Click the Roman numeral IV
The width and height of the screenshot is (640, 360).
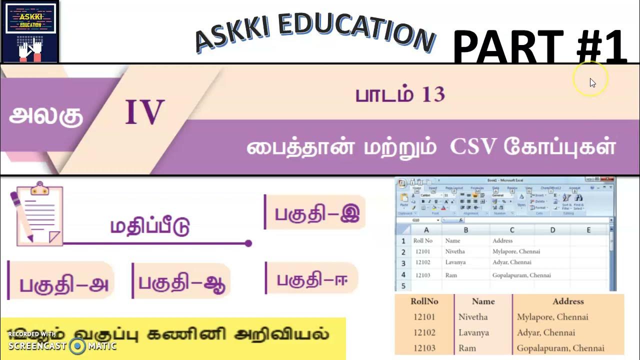(x=144, y=112)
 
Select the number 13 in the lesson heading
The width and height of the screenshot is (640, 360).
(x=433, y=94)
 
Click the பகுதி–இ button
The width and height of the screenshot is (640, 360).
(x=316, y=212)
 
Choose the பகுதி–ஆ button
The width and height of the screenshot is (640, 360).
(x=181, y=283)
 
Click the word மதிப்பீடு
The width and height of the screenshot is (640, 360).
(x=150, y=226)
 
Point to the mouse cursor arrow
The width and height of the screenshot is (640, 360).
(x=592, y=82)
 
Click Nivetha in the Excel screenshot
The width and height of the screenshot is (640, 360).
(x=454, y=251)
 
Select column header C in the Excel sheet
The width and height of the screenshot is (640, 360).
(x=512, y=230)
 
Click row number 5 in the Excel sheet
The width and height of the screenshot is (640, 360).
(x=403, y=286)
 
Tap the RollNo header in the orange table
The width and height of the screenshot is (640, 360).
(x=424, y=301)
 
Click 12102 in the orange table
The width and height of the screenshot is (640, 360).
(x=424, y=332)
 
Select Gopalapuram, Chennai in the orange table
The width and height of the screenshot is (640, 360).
(x=560, y=348)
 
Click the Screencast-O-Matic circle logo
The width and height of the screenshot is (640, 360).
(x=77, y=345)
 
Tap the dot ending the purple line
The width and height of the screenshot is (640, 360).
(x=248, y=243)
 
